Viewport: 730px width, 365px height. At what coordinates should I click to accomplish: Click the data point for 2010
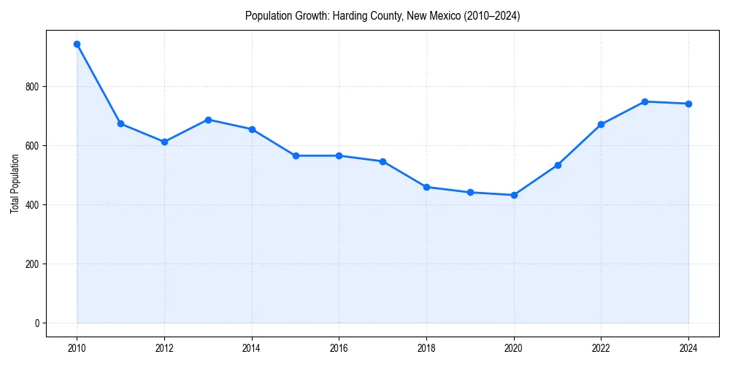(77, 45)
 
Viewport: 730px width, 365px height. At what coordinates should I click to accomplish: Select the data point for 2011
(120, 124)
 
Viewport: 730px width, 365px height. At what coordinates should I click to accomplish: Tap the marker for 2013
(208, 120)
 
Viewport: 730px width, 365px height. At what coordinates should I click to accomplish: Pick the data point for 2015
(296, 155)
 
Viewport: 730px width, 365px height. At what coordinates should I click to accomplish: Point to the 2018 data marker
(426, 187)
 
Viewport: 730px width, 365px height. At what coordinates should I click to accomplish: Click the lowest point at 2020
(514, 195)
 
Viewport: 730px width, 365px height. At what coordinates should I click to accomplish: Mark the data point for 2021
(558, 165)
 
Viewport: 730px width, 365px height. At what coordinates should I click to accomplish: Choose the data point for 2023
(645, 101)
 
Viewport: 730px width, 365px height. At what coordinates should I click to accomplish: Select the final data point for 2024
(688, 104)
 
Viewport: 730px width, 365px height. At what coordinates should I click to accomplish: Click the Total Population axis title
(15, 183)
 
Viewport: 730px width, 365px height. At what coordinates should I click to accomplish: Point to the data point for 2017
(383, 161)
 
